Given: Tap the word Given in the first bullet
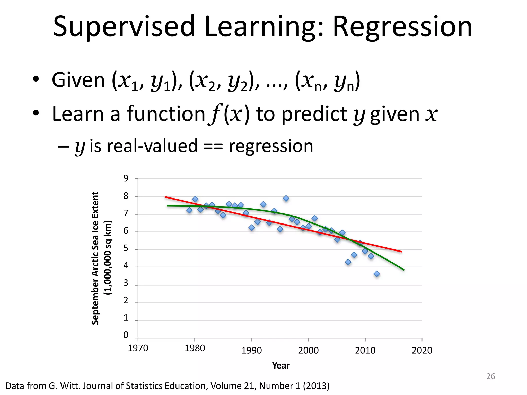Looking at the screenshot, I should tap(78, 80).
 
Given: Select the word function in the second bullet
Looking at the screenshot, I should tap(166, 114).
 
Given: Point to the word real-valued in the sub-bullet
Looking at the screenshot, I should tap(152, 146).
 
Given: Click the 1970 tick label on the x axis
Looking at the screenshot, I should tap(138, 348).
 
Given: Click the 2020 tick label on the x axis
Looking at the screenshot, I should tap(422, 350).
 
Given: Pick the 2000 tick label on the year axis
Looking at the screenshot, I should tap(308, 350).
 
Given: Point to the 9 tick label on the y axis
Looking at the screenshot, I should tap(126, 178).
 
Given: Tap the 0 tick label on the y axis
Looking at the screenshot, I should tap(126, 335).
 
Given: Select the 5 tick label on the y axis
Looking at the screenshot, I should tap(126, 248).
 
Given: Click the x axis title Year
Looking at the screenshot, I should tap(281, 365).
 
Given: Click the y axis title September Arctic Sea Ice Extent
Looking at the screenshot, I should tap(95, 258).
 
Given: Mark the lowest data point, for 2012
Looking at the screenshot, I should tap(377, 274).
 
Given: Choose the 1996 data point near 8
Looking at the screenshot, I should tap(286, 199).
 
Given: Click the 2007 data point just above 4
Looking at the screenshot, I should tap(348, 262).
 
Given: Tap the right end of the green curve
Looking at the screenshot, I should tap(403, 270).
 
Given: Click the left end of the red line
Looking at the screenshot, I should tap(165, 197).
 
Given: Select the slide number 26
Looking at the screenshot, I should tap(491, 376).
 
